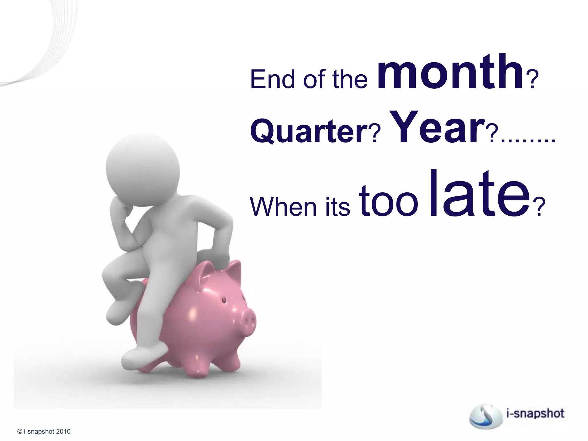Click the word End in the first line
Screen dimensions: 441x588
coord(273,79)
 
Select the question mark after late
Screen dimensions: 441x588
coord(539,207)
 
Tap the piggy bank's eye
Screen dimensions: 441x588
coord(224,300)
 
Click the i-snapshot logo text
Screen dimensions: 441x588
coord(535,413)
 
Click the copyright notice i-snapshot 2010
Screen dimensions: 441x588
coord(44,432)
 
